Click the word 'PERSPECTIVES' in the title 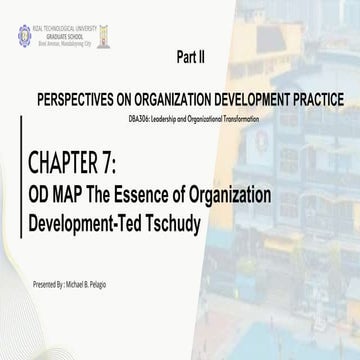(81, 102)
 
